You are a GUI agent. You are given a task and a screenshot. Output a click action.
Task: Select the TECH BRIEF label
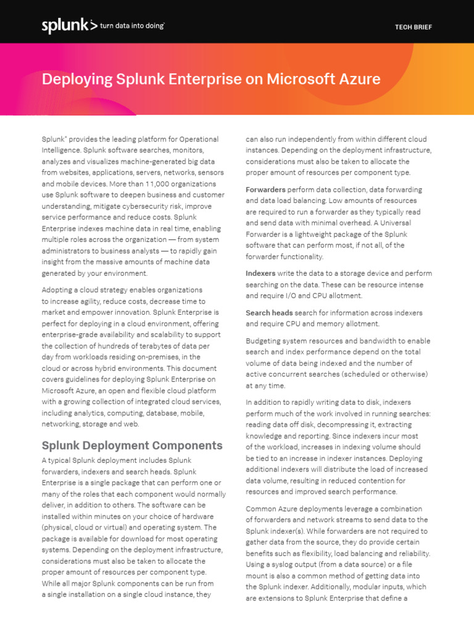click(x=413, y=27)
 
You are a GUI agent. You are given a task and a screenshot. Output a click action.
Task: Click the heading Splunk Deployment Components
click(x=131, y=445)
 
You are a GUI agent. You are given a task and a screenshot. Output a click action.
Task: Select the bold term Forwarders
click(x=265, y=189)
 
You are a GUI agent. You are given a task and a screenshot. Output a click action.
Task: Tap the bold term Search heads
click(x=269, y=313)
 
